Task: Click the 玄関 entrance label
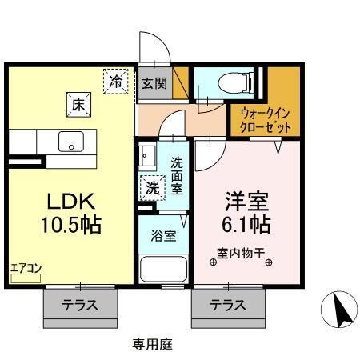tap(154, 82)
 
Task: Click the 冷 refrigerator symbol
tap(117, 80)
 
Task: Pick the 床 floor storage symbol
tap(79, 103)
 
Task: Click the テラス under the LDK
tap(80, 304)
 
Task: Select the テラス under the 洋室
tap(228, 304)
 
